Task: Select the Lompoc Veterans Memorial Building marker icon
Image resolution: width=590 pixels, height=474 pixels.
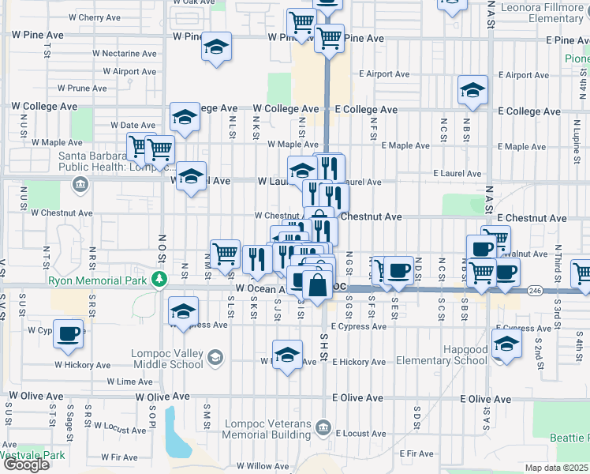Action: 323,429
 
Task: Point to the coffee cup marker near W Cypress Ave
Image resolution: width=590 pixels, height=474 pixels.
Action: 69,333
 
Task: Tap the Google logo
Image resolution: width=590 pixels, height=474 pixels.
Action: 26,465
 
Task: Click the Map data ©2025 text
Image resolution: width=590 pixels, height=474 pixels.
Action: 557,468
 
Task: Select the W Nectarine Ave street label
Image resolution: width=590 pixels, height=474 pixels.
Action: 124,54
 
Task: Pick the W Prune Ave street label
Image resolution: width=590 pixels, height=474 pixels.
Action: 81,88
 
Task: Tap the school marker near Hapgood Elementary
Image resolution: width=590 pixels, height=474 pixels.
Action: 506,344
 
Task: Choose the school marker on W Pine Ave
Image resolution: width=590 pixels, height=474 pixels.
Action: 216,47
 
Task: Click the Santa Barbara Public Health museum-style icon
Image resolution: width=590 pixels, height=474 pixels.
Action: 79,186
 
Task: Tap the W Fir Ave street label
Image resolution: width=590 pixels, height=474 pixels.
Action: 119,457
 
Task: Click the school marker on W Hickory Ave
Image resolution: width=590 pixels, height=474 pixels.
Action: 288,355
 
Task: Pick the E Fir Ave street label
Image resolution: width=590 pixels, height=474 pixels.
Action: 416,453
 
